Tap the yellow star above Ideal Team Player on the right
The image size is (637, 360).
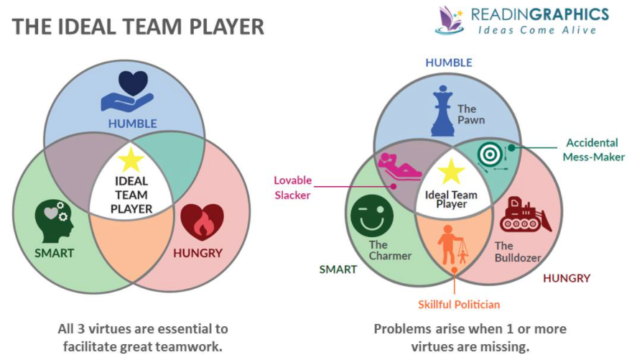click(x=452, y=171)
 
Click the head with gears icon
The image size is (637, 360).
click(x=54, y=220)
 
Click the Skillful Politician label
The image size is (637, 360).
click(x=459, y=304)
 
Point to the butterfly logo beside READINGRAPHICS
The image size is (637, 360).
click(x=449, y=19)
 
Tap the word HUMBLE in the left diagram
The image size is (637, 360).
click(x=132, y=123)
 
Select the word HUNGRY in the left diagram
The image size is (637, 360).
click(x=197, y=253)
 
